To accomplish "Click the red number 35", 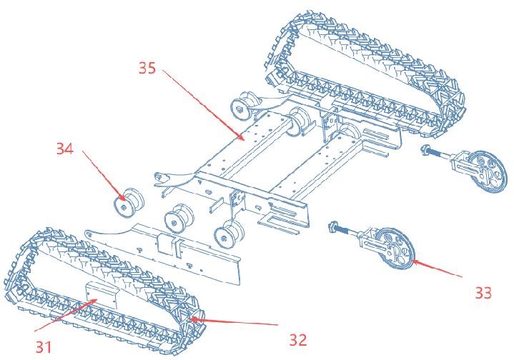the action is coord(147,69).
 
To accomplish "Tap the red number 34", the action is coord(65,149).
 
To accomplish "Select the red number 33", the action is coord(483,293).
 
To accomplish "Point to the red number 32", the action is coord(298,340).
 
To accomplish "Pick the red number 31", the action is coord(44,347).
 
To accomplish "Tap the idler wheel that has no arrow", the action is coord(486,171).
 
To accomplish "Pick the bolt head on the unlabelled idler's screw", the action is coord(425,150).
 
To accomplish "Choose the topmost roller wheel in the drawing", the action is coord(244,104).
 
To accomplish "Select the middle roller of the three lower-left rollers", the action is coord(179,219).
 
